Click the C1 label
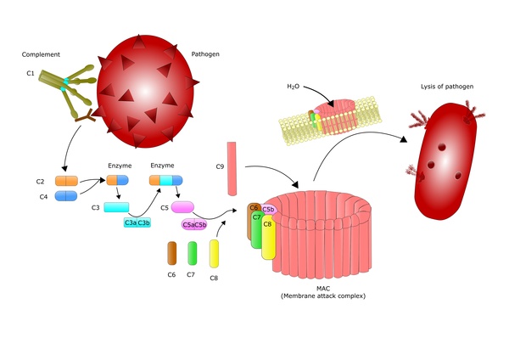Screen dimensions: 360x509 pos(31,73)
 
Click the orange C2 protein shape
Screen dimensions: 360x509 pos(66,181)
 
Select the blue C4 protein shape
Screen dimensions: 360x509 pos(66,196)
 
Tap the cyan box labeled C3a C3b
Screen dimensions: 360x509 pos(138,222)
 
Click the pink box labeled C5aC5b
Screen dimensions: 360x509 pos(195,225)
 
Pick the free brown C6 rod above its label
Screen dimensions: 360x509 pos(171,253)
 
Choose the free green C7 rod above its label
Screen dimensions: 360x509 pos(193,253)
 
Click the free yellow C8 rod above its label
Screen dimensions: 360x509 pos(215,253)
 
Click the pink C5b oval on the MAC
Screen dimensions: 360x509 pos(268,209)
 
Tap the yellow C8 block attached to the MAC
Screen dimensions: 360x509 pos(268,237)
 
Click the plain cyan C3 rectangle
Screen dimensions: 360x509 pos(116,207)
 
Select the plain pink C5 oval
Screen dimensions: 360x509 pos(182,206)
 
